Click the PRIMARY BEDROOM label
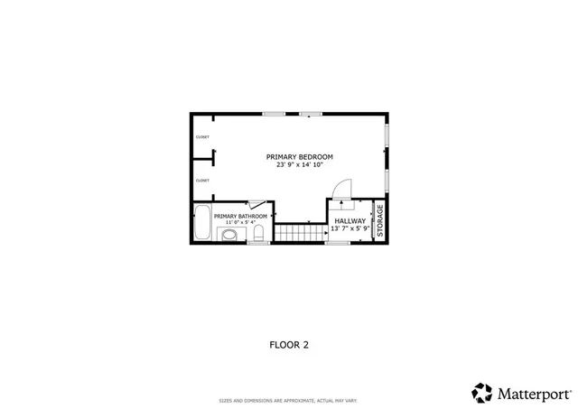click(299, 156)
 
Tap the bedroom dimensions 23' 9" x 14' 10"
click(299, 164)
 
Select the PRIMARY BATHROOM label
click(240, 217)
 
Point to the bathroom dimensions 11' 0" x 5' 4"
click(240, 223)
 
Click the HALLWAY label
click(350, 220)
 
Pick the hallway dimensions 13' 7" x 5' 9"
click(350, 228)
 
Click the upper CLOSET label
click(202, 137)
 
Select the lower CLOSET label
click(202, 181)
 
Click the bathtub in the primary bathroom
click(201, 223)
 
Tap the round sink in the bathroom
click(229, 236)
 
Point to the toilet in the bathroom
click(258, 236)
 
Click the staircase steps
click(300, 234)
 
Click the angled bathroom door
click(256, 206)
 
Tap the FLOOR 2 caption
click(289, 344)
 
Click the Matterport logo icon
click(482, 393)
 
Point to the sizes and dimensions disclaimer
click(288, 401)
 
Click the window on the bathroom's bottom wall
click(258, 243)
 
